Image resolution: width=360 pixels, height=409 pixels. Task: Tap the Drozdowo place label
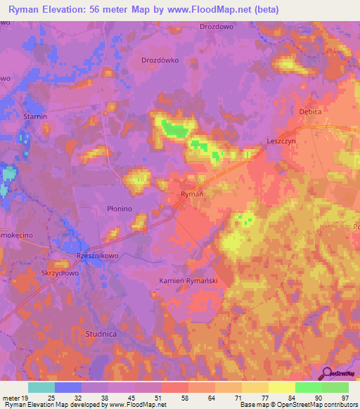216,27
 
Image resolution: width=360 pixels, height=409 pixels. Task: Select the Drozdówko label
160,60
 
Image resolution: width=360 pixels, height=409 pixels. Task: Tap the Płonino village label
120,209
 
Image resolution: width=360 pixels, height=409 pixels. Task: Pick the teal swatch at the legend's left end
41,387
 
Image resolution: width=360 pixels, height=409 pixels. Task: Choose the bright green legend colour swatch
308,387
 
